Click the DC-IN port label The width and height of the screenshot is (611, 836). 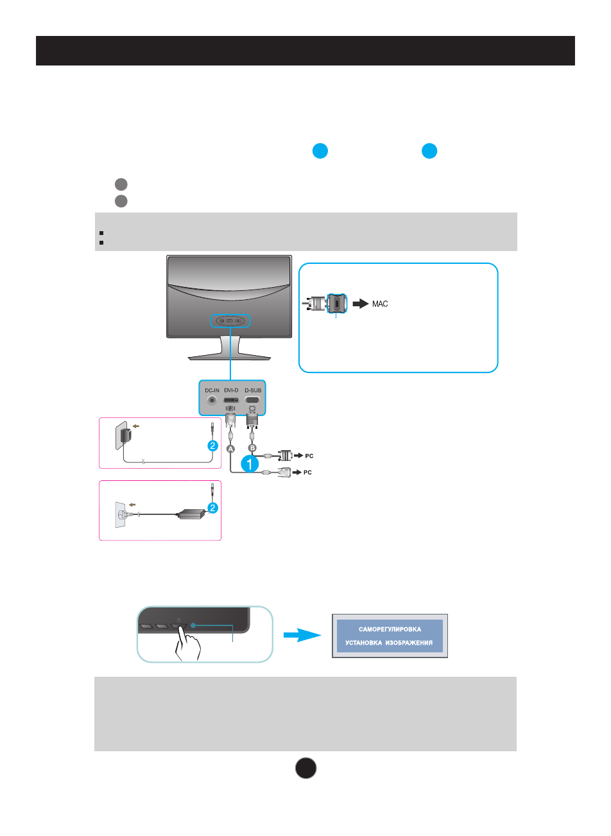point(212,390)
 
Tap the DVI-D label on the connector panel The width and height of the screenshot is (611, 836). point(231,390)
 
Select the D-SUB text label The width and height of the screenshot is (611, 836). point(252,390)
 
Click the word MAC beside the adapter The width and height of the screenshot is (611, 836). point(380,304)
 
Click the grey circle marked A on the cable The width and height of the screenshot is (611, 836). point(231,449)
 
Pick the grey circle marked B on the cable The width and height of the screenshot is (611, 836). point(252,448)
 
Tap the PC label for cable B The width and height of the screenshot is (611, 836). point(309,456)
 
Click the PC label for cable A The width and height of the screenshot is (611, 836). point(307,472)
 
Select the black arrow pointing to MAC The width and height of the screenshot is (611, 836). point(360,304)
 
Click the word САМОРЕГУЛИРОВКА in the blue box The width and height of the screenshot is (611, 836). point(390,629)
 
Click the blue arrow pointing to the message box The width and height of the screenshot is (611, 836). point(302,635)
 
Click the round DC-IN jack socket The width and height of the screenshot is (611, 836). point(212,401)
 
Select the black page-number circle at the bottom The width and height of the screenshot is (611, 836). point(305,768)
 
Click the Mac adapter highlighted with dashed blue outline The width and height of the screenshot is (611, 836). point(337,304)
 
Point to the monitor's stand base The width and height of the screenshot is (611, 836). point(229,357)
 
